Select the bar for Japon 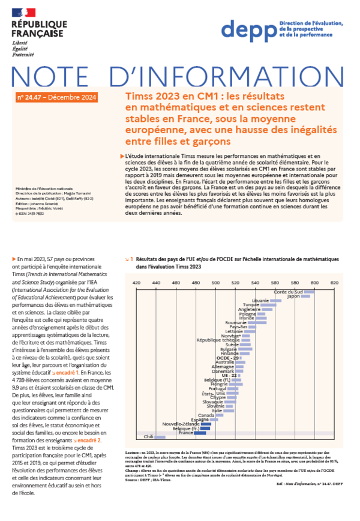coord(305,296)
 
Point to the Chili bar coord(160,437)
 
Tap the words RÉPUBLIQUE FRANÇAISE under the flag coord(35,29)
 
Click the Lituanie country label coord(260,300)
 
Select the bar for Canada coord(220,415)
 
